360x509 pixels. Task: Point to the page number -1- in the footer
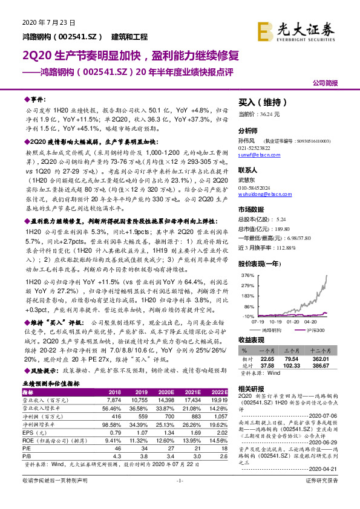tap(180, 497)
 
